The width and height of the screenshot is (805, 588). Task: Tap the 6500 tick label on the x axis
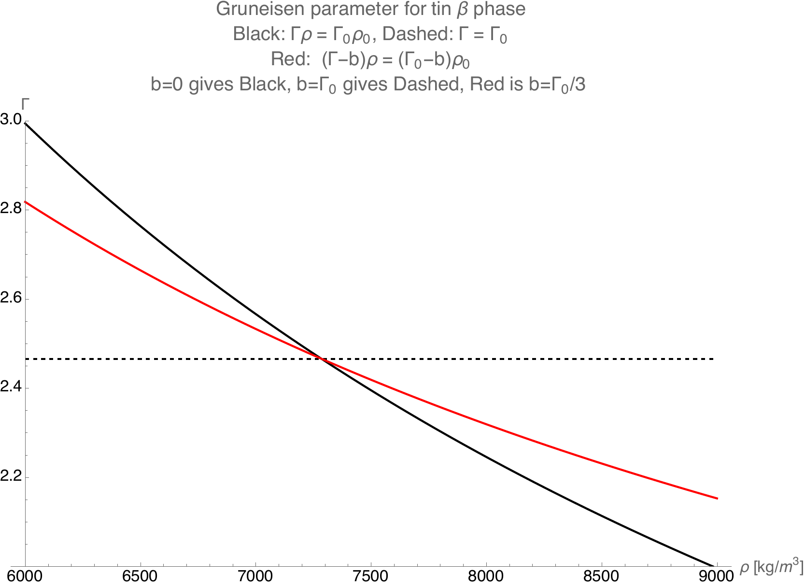(x=140, y=577)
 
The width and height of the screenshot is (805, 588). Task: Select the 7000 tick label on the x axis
(x=255, y=577)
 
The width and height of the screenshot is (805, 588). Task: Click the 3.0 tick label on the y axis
(x=11, y=120)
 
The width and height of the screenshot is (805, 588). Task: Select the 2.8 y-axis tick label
(x=11, y=209)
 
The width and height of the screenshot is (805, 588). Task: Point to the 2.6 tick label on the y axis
(x=11, y=299)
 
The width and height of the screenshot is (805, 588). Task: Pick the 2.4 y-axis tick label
(x=11, y=388)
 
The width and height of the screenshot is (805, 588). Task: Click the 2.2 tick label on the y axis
(x=11, y=477)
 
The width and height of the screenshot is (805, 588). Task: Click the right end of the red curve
(x=718, y=498)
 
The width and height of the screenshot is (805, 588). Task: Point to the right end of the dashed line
(x=713, y=359)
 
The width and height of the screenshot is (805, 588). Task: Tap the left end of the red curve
(x=25, y=201)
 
